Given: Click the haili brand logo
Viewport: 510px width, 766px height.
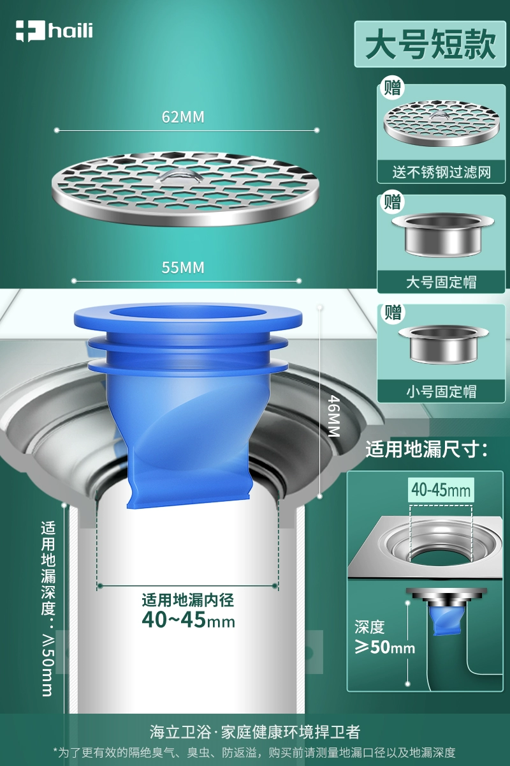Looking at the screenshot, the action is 54,31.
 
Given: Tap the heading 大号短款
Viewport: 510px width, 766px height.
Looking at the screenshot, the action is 430,44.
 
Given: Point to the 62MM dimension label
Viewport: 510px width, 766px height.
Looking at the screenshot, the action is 183,117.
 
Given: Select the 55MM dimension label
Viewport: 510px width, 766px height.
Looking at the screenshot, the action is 183,267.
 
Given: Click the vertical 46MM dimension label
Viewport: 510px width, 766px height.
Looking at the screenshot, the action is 333,416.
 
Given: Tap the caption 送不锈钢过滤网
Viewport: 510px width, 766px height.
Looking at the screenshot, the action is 441,172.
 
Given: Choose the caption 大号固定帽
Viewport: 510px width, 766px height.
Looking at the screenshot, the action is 441,282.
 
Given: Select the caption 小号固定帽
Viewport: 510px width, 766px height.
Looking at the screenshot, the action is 441,391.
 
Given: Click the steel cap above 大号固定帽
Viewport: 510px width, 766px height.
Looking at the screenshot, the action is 442,235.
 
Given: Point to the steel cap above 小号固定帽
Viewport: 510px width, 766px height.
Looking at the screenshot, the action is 444,343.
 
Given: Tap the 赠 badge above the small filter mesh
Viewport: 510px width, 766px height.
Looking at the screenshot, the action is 392,88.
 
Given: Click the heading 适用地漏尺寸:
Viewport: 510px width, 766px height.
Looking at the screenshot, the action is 426,449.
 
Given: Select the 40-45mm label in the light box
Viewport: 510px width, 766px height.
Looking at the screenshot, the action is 441,490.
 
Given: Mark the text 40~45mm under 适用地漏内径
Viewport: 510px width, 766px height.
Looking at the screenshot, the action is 188,619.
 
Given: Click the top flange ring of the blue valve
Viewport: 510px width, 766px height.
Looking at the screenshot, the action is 188,317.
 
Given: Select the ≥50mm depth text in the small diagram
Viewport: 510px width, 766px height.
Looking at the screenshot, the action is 385,647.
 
